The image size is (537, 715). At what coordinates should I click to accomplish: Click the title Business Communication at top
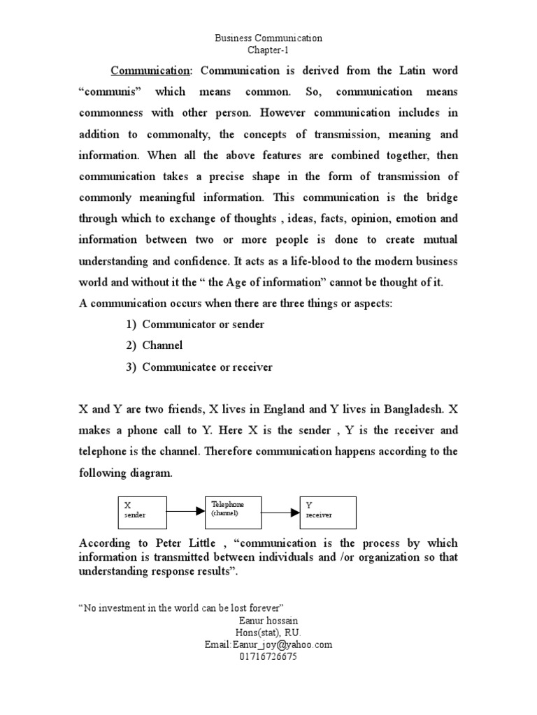click(x=268, y=39)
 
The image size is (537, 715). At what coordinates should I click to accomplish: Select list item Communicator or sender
click(x=203, y=325)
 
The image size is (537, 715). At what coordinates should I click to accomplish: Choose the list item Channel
click(x=162, y=346)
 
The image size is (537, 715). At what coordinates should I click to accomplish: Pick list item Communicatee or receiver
click(x=207, y=367)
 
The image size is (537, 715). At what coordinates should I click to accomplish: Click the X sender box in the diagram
click(x=142, y=513)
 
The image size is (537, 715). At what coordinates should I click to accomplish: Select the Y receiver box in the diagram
click(x=328, y=513)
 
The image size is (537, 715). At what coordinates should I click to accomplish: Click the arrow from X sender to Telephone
click(x=185, y=511)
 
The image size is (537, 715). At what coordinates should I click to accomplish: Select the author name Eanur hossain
click(x=268, y=621)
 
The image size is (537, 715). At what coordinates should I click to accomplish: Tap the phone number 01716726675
click(x=268, y=657)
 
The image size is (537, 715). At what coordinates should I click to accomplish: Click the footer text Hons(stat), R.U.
click(x=268, y=633)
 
